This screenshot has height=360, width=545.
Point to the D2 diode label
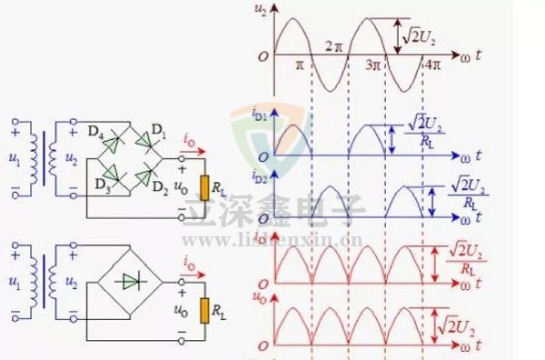pyautogui.click(x=159, y=187)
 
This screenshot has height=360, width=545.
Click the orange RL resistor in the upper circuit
pyautogui.click(x=204, y=187)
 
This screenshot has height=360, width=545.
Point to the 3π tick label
pyautogui.click(x=373, y=65)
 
